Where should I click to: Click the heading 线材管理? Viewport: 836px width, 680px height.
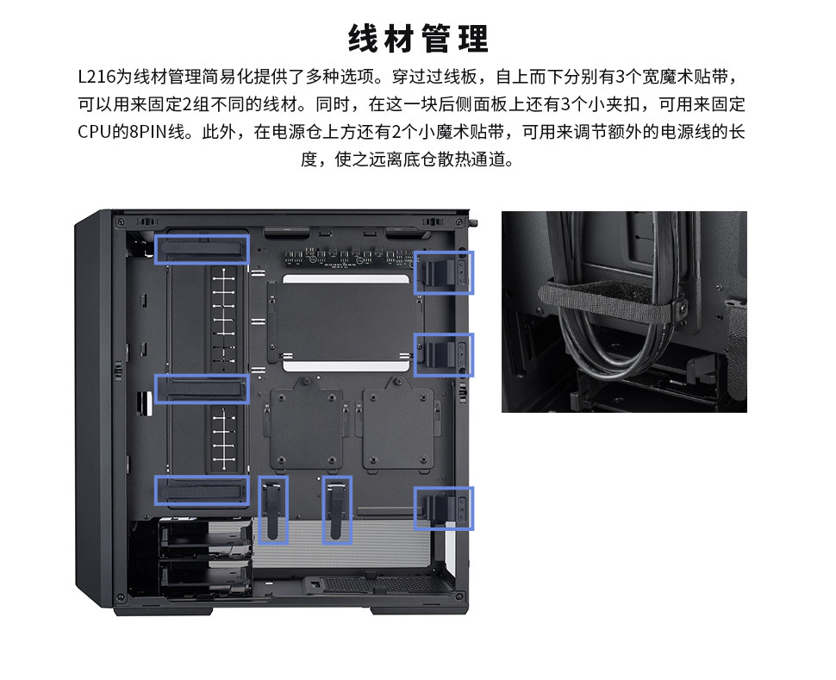tap(418, 39)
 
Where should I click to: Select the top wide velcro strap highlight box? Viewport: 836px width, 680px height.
tap(202, 248)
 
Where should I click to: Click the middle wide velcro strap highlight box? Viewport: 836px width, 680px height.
tap(202, 390)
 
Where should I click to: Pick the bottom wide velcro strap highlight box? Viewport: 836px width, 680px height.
tap(202, 490)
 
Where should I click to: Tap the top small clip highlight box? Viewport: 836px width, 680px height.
tap(444, 272)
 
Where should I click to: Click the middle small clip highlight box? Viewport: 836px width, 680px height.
tap(444, 354)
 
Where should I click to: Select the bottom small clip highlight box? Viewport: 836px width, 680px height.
tap(444, 508)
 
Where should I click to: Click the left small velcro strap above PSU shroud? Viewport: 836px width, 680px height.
tap(273, 509)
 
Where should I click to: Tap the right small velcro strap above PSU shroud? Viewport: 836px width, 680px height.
tap(337, 509)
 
